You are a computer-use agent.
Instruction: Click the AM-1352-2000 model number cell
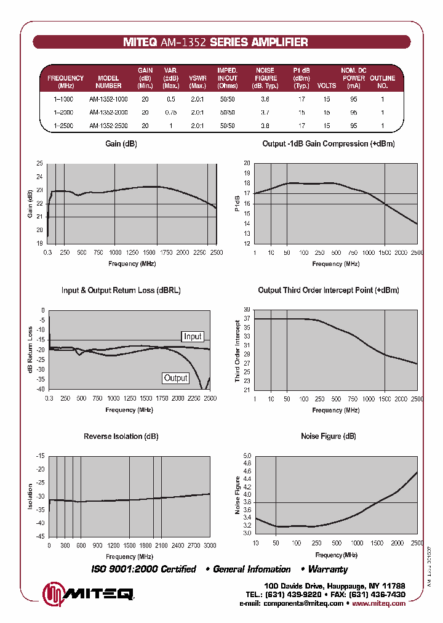[x=108, y=113]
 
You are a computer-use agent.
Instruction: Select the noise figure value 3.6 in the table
[x=265, y=99]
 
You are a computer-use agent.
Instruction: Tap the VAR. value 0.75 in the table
[x=171, y=113]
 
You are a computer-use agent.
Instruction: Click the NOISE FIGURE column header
[x=265, y=78]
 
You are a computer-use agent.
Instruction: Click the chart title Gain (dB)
[x=121, y=143]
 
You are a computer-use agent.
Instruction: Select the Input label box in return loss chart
[x=193, y=336]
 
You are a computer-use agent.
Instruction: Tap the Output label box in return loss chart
[x=175, y=378]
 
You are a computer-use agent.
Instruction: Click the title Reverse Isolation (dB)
[x=121, y=436]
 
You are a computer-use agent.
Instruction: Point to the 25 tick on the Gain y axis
[x=40, y=164]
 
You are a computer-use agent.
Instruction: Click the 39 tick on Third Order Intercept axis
[x=247, y=310]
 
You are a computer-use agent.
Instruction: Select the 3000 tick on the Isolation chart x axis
[x=210, y=546]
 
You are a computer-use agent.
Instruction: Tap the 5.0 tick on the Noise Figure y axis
[x=247, y=456]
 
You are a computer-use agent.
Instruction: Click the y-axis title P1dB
[x=238, y=203]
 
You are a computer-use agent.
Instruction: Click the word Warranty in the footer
[x=328, y=569]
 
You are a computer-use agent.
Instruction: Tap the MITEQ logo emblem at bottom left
[x=53, y=594]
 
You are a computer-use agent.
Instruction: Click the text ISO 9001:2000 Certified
[x=144, y=569]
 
